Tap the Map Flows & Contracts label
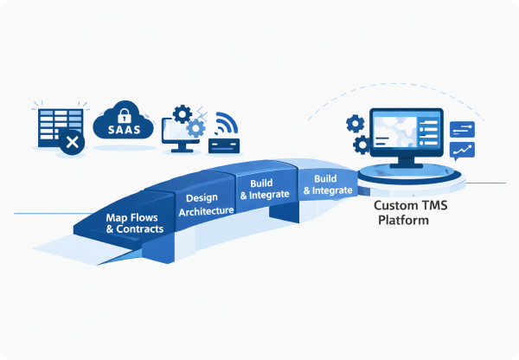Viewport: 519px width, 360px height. click(x=133, y=224)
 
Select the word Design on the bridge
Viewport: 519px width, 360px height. click(x=202, y=198)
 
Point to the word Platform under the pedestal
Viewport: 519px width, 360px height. click(x=403, y=222)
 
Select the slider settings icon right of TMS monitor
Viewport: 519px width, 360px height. click(x=463, y=130)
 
